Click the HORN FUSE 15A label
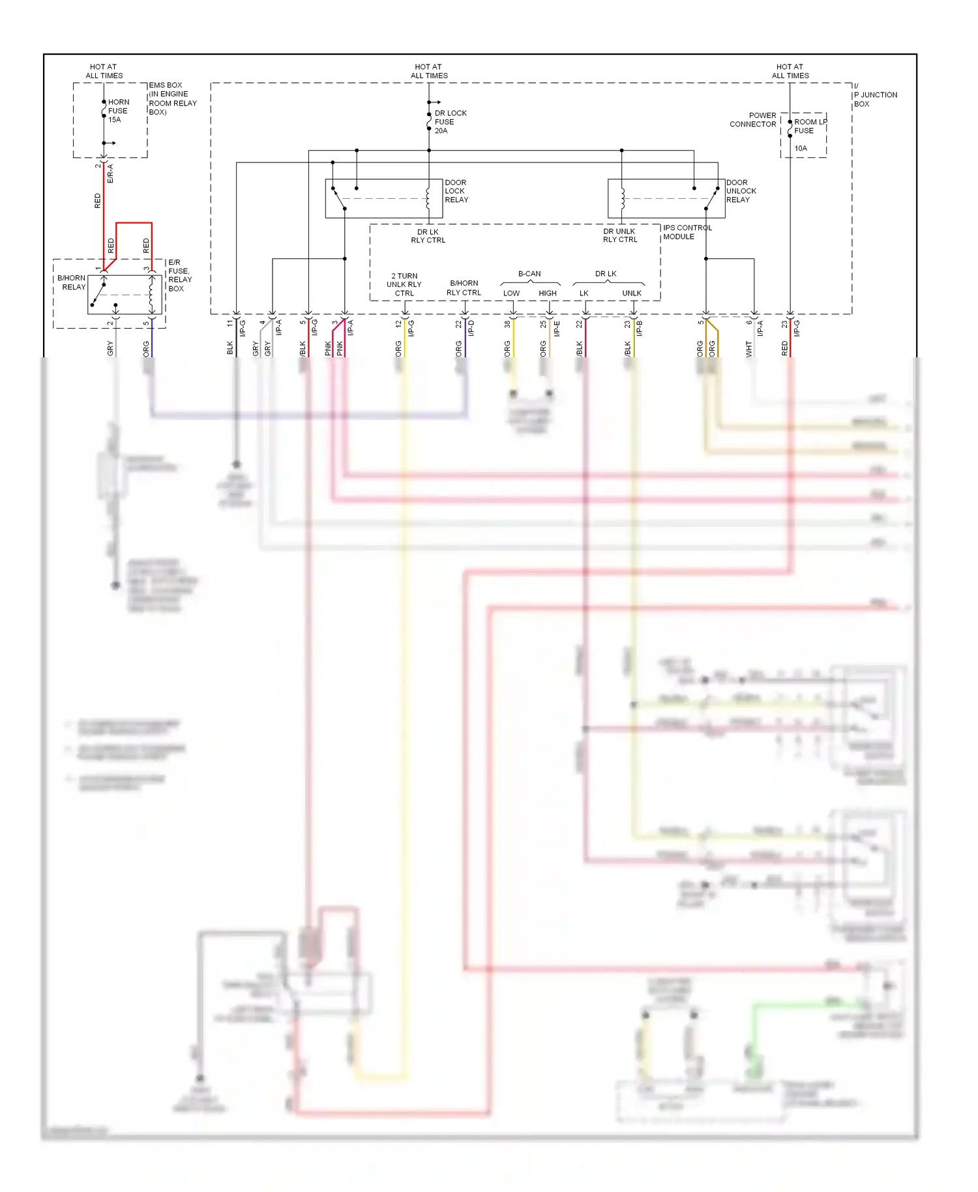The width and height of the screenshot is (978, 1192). pyautogui.click(x=118, y=111)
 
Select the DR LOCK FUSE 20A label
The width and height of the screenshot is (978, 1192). pyautogui.click(x=450, y=122)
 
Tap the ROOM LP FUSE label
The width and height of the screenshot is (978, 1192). pyautogui.click(x=809, y=127)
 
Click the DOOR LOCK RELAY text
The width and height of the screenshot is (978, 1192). pyautogui.click(x=456, y=191)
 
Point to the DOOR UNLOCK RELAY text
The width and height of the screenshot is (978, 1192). pyautogui.click(x=741, y=191)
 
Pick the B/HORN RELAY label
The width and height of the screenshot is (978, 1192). pyautogui.click(x=72, y=282)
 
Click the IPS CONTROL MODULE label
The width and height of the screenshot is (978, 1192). pyautogui.click(x=687, y=232)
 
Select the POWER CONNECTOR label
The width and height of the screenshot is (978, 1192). pyautogui.click(x=753, y=119)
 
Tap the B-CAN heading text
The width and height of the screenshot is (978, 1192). pyautogui.click(x=529, y=274)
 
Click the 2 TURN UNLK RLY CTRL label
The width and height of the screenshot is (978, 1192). pyautogui.click(x=404, y=285)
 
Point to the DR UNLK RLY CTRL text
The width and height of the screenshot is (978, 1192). pyautogui.click(x=619, y=235)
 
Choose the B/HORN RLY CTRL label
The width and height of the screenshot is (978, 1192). pyautogui.click(x=464, y=288)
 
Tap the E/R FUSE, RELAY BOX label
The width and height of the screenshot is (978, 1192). pyautogui.click(x=179, y=275)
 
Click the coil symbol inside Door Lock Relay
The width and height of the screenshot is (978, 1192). pyautogui.click(x=428, y=199)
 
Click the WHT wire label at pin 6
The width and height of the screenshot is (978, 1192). pyautogui.click(x=749, y=349)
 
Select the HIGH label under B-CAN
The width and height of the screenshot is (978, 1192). pyautogui.click(x=548, y=293)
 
